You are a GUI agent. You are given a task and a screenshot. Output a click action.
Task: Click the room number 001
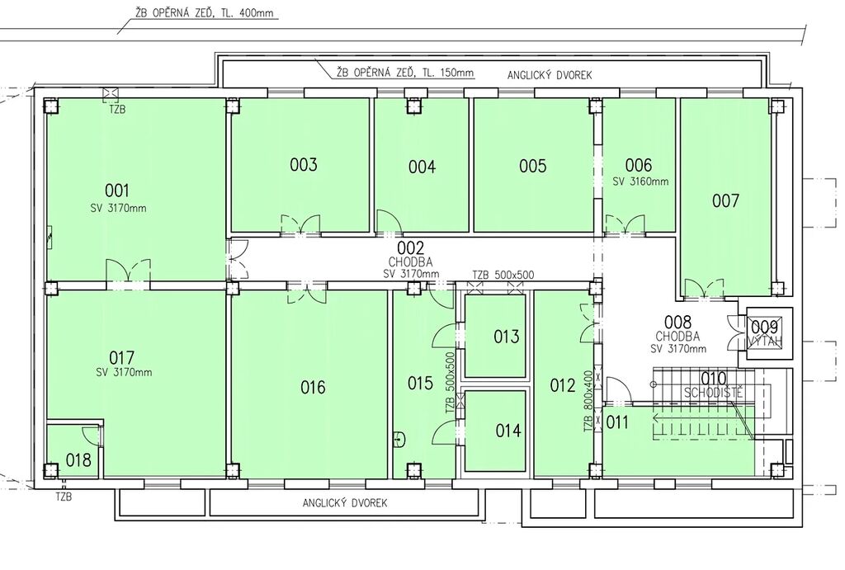(x=117, y=191)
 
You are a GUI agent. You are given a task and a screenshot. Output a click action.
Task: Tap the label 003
(x=304, y=164)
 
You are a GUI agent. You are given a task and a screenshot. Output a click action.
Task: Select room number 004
(x=422, y=167)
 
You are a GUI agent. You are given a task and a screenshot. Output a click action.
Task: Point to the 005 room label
(x=533, y=166)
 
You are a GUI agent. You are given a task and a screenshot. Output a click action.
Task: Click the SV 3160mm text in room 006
(x=640, y=181)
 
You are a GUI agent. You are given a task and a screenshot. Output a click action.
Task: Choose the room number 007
(x=725, y=201)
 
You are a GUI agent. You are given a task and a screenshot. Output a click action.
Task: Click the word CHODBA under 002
(x=411, y=262)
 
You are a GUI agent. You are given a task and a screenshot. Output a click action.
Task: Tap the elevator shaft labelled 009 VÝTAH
(x=765, y=333)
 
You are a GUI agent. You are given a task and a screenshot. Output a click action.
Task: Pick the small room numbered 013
(x=495, y=336)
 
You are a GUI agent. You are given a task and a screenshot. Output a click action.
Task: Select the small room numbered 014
(x=495, y=431)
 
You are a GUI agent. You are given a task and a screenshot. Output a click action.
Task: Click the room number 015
(x=420, y=384)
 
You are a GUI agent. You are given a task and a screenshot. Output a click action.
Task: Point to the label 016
(x=313, y=387)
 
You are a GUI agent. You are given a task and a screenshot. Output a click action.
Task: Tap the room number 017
(x=122, y=357)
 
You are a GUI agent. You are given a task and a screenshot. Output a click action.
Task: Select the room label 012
(x=563, y=385)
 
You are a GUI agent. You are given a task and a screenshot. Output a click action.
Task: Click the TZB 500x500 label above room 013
(x=503, y=275)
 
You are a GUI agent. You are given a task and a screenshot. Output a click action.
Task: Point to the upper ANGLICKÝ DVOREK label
(x=549, y=75)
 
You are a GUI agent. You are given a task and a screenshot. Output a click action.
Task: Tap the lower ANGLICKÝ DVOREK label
(x=345, y=503)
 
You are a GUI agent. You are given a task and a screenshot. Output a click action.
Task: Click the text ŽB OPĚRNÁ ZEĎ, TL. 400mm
(x=205, y=13)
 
